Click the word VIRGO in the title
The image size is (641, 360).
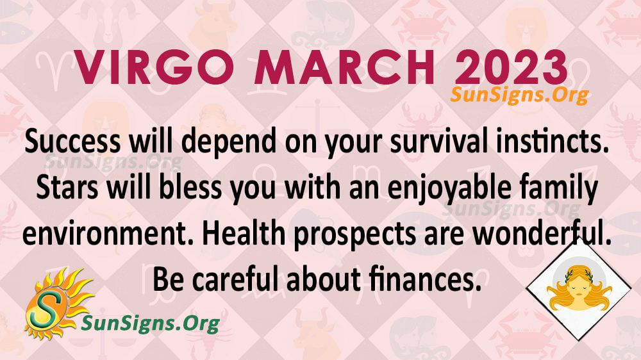click(154, 67)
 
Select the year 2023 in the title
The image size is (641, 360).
click(511, 67)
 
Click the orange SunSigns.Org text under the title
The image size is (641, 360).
click(519, 95)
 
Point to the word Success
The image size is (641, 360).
click(72, 142)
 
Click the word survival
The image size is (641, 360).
click(438, 142)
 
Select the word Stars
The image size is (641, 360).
click(67, 187)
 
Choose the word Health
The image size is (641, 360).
click(244, 233)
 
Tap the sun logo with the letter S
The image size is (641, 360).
click(57, 304)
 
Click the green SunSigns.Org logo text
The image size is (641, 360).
click(151, 324)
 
